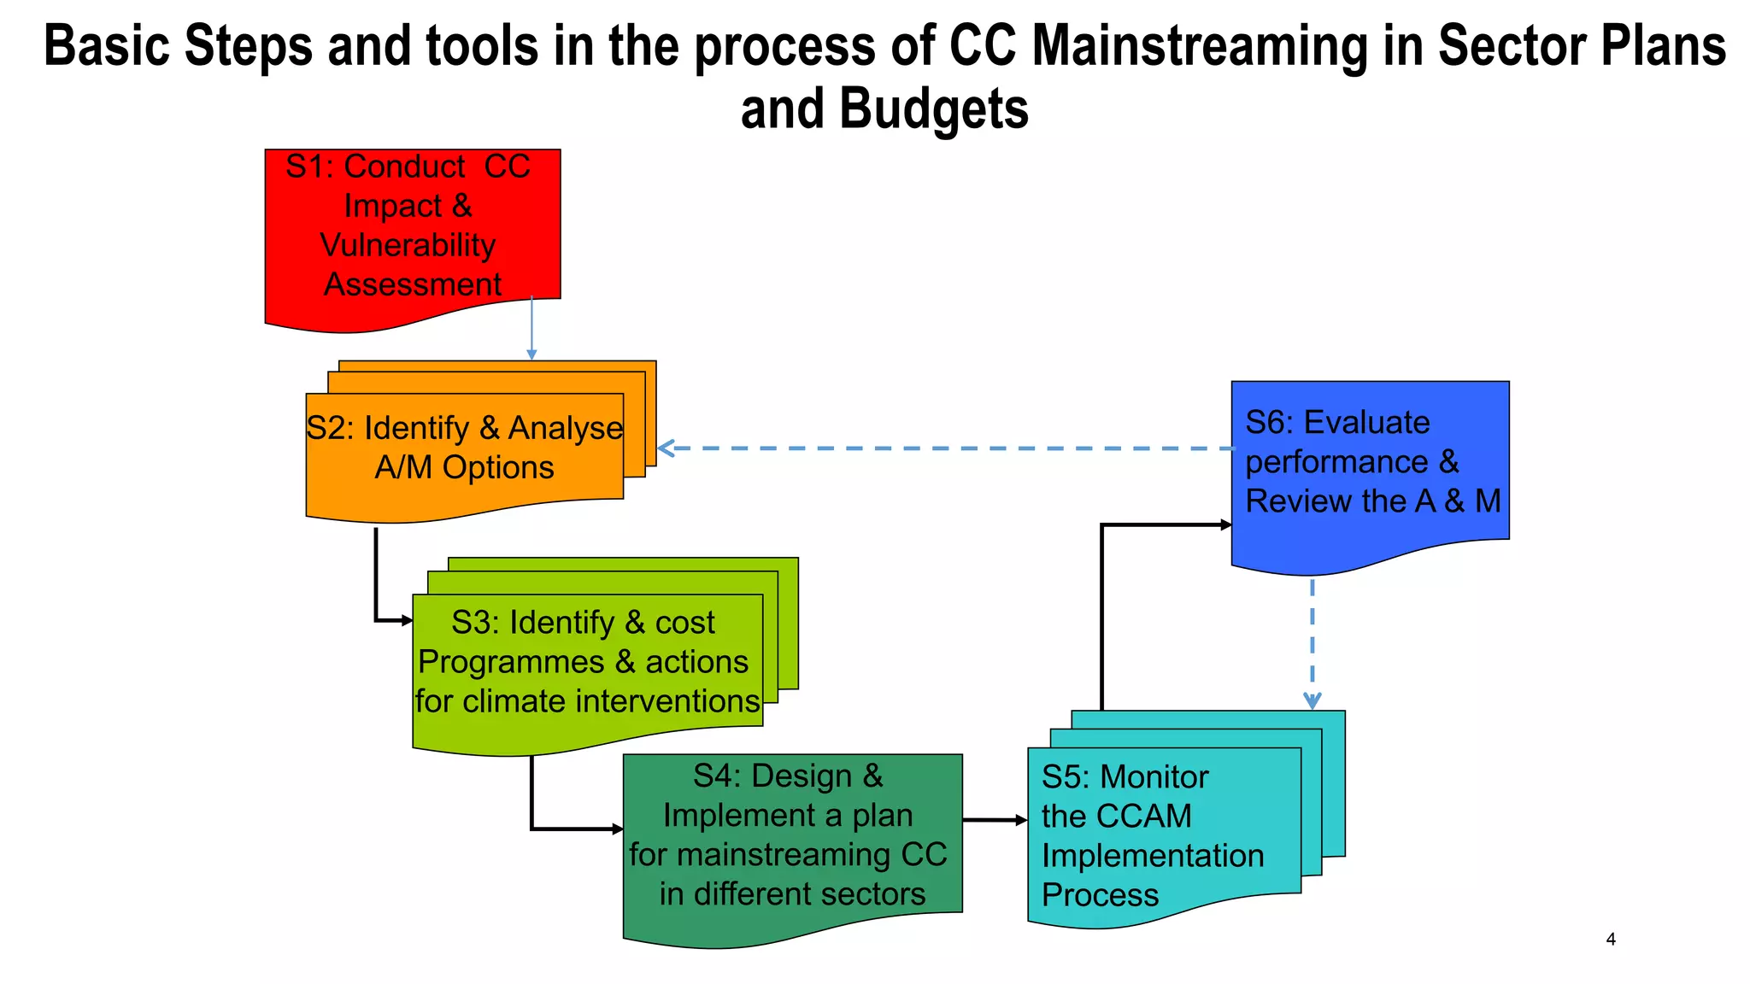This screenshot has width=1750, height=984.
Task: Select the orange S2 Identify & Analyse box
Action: click(464, 453)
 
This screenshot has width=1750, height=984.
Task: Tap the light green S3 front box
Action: click(587, 666)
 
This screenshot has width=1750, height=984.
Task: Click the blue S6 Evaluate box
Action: click(1370, 470)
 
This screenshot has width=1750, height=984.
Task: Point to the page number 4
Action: click(1611, 940)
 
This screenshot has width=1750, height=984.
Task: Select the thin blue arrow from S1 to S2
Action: click(531, 329)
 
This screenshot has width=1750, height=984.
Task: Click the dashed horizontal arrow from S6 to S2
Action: click(940, 448)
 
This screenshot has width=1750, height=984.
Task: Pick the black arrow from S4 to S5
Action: click(994, 820)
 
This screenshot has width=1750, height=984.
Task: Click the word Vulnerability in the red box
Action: click(408, 245)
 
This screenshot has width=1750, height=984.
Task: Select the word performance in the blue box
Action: click(1336, 462)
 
